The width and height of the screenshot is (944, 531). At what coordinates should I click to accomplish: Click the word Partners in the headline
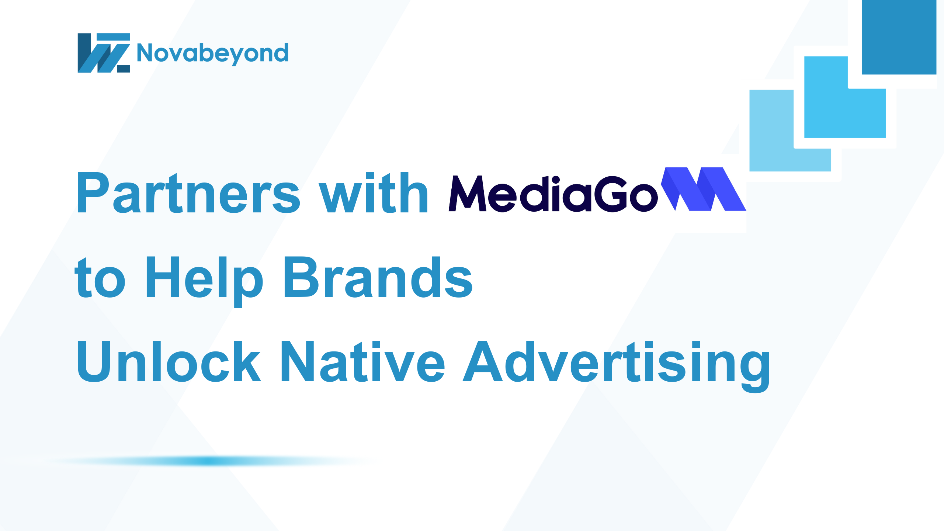(188, 192)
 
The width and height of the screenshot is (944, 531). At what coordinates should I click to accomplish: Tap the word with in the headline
(373, 192)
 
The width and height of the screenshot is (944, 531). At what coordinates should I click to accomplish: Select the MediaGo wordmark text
(553, 194)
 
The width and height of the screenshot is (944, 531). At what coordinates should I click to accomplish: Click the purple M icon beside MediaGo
(704, 189)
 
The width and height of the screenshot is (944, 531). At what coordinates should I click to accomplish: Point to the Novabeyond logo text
(212, 53)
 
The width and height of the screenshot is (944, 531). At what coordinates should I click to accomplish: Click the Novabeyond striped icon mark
(104, 53)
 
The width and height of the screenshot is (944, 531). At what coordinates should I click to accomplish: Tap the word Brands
(378, 277)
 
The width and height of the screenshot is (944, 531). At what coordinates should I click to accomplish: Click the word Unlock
(169, 361)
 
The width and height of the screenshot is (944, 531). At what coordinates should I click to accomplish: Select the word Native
(363, 361)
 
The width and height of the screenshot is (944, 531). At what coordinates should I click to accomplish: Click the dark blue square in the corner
(899, 37)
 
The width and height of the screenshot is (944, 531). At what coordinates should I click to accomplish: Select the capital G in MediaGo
(612, 194)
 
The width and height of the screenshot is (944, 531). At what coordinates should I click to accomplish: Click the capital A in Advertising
(483, 361)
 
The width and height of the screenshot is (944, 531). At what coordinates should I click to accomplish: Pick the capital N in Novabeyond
(145, 53)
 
